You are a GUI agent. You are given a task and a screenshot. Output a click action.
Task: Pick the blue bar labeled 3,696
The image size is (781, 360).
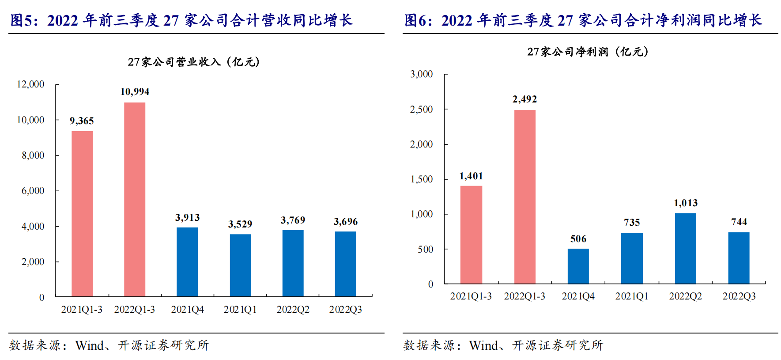(x=345, y=264)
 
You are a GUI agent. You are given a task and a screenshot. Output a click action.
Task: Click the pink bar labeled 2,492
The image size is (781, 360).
(x=524, y=197)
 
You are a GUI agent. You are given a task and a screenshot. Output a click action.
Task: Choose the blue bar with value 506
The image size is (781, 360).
(x=578, y=266)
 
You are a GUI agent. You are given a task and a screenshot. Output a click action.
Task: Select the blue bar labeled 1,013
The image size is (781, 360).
(x=685, y=248)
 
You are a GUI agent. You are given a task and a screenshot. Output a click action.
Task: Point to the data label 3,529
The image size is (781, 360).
(x=240, y=224)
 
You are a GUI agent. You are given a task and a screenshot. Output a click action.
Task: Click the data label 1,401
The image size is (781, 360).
(x=471, y=176)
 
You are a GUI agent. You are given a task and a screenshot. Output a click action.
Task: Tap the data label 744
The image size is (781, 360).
(x=739, y=222)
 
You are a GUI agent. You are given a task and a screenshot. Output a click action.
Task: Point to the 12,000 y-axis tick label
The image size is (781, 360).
(x=30, y=84)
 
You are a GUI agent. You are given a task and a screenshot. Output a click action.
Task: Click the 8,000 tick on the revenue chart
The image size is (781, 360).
(x=33, y=155)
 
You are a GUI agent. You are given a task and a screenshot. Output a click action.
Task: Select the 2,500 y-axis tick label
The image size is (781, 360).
(x=421, y=110)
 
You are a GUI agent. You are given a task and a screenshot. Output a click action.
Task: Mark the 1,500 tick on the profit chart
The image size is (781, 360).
(x=421, y=179)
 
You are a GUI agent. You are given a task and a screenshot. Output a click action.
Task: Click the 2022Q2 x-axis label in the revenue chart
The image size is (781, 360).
(x=293, y=310)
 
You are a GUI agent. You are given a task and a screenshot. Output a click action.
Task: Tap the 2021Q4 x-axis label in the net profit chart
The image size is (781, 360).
(x=578, y=296)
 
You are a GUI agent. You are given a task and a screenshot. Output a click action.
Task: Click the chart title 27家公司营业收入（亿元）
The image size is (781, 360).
(x=194, y=62)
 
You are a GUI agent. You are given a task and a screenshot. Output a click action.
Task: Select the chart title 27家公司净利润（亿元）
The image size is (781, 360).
(x=588, y=52)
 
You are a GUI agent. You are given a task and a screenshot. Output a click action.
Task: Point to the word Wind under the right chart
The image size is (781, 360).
(x=483, y=345)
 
